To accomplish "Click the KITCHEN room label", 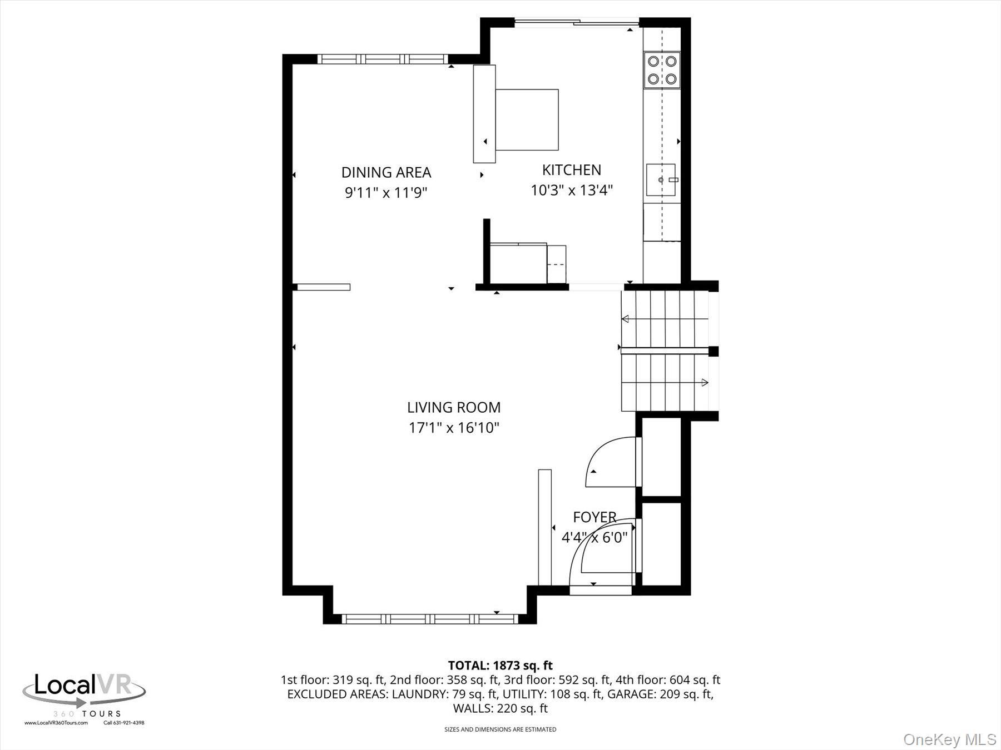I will coord(571,170).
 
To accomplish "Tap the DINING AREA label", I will coord(386,172).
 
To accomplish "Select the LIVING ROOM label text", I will coord(454,407).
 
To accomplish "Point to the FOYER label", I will coord(594,517).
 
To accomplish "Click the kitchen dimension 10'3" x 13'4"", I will coord(571,191).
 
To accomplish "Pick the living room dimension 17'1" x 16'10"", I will coord(454,428).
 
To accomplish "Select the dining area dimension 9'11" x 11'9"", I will coord(386,193).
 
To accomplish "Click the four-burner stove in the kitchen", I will coord(662,70).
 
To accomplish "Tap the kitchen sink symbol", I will coord(661,180).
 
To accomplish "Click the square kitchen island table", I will coord(527,119).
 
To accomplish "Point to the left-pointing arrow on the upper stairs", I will coord(626,319).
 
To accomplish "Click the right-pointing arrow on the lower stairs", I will coord(705,382).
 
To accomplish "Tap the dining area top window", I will coord(383,59).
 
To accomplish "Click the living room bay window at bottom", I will coord(429,618).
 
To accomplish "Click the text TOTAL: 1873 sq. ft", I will coord(500,665).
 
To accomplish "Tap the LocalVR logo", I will coord(83,692).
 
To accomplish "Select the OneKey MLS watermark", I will coord(949,739).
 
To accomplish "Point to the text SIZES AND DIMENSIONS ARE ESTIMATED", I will coord(500,729).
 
